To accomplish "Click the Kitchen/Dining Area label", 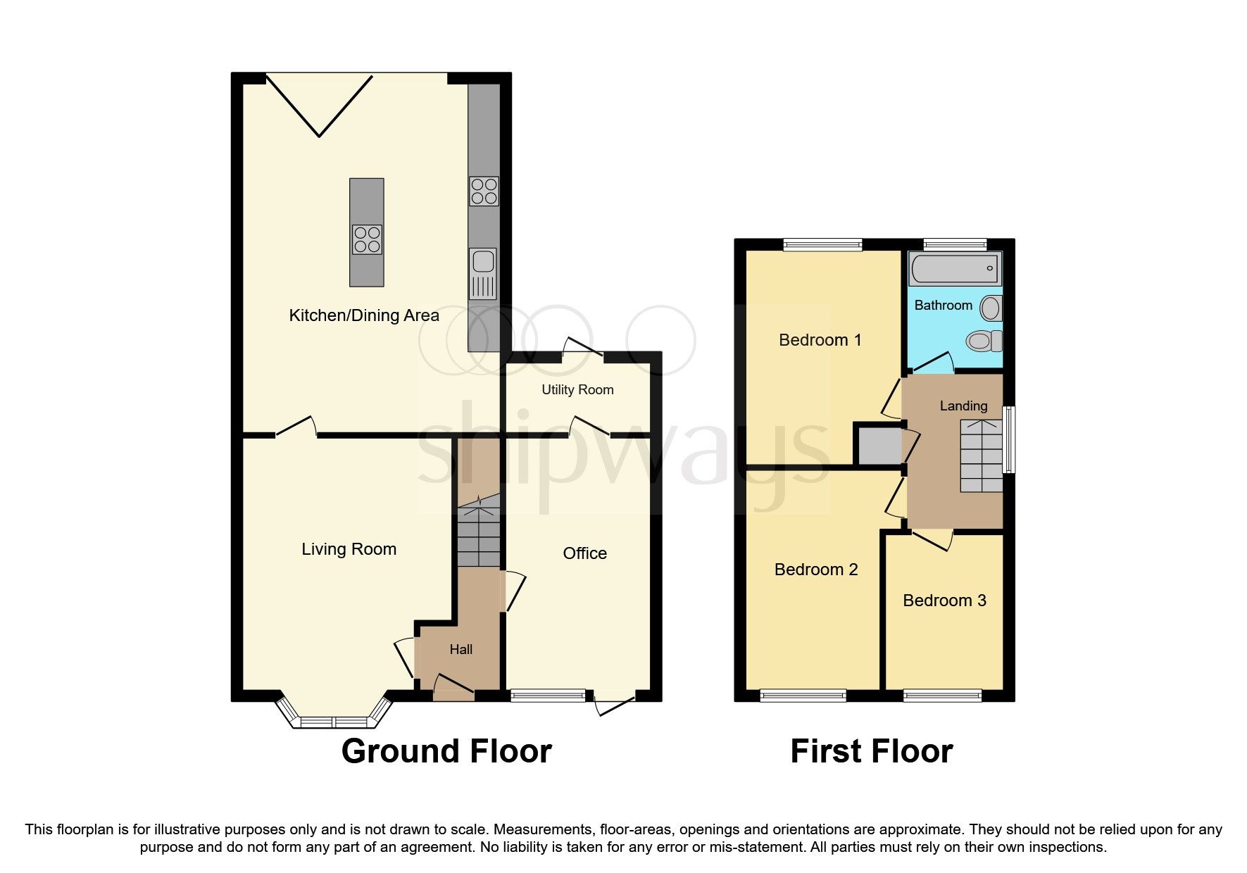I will click(x=364, y=315).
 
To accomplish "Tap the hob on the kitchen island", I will click(x=367, y=239).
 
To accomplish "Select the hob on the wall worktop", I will click(x=484, y=191).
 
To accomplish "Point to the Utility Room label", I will click(x=577, y=389).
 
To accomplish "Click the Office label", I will click(x=584, y=553).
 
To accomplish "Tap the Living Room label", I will click(x=349, y=549).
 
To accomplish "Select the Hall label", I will click(x=461, y=649).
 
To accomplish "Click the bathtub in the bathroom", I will click(x=953, y=270).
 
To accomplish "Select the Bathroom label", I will click(x=943, y=305).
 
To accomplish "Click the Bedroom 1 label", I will click(x=820, y=340).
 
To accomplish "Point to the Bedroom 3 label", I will click(x=944, y=601).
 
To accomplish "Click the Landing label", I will click(x=963, y=406).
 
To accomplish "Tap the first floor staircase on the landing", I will click(x=982, y=456).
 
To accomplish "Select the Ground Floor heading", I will click(x=446, y=751).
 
